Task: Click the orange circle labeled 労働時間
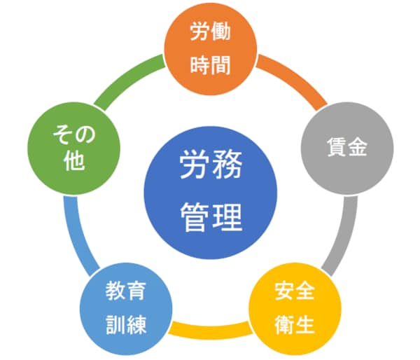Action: pos(211,49)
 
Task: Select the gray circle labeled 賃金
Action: pos(347,148)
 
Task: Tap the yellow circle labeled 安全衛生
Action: pos(295,309)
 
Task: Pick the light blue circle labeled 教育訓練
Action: pos(126,309)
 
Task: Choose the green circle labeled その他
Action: pos(73,148)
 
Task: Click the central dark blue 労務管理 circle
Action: pos(211,193)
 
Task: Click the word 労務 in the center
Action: pos(211,164)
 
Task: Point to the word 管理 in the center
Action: pos(211,217)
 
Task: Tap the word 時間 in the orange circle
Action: pos(211,65)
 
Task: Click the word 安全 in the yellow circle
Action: pos(295,291)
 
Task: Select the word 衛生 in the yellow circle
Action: pos(295,324)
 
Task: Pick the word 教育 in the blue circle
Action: pos(126,291)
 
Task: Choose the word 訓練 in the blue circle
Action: pos(126,324)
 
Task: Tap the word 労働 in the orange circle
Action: pos(211,32)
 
